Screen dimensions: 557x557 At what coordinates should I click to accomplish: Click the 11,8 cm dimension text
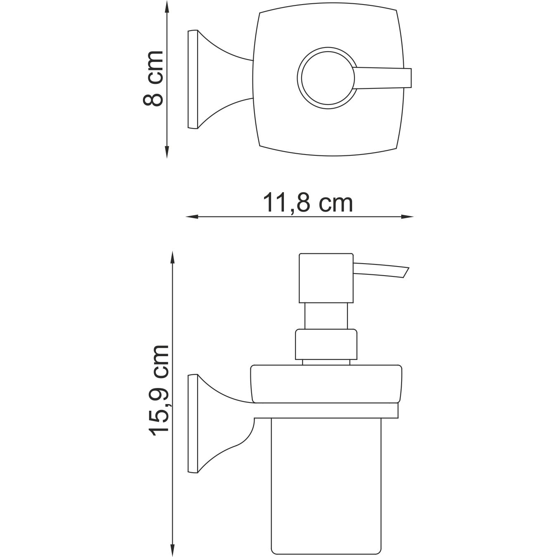[308, 203]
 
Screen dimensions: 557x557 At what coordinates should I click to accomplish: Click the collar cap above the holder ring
[326, 344]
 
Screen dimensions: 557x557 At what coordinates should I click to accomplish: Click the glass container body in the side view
[325, 483]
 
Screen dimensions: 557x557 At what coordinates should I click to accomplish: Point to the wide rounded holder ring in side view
[326, 383]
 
